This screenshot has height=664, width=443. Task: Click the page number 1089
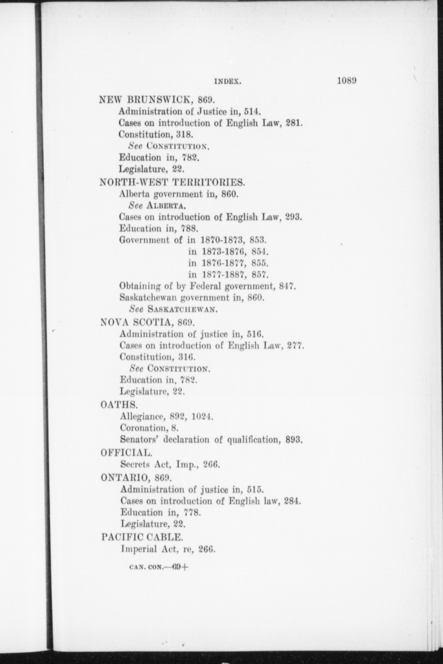[347, 81]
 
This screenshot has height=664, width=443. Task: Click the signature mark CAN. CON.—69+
[159, 567]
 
